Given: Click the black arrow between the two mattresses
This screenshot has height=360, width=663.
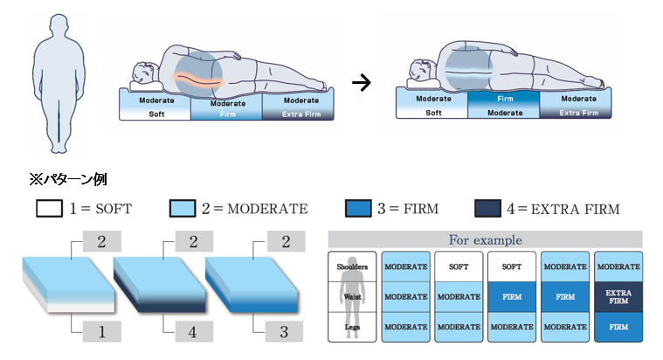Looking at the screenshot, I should click(358, 84).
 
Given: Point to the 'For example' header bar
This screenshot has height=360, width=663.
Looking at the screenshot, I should click(485, 239).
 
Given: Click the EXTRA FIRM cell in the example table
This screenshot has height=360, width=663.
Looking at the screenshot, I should click(618, 296).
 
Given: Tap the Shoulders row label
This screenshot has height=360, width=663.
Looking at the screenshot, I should click(353, 267).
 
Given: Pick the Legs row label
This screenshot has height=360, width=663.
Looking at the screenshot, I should click(353, 326).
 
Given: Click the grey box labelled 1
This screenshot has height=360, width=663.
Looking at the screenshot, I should click(101, 331).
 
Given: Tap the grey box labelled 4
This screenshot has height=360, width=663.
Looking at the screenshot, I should click(192, 331).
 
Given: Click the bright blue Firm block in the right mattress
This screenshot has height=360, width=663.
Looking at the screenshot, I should click(503, 99).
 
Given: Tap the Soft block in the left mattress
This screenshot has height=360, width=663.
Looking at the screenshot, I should click(155, 113).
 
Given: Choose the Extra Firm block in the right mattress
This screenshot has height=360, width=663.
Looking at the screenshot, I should click(578, 113).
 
